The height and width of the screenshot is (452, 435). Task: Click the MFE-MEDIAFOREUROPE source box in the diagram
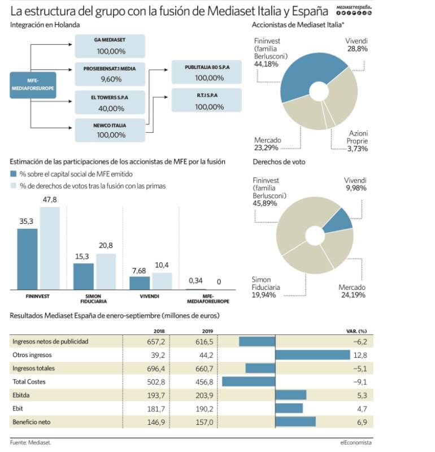(33, 85)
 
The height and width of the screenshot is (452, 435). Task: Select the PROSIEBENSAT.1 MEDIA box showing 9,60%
(110, 74)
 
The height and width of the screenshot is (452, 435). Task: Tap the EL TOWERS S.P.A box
(110, 102)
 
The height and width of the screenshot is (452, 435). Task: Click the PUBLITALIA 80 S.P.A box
(206, 72)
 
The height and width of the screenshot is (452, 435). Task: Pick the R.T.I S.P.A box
(206, 100)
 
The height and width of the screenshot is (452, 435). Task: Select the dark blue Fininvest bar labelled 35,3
(27, 259)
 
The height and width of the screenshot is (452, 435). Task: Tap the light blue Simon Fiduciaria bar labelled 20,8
(106, 272)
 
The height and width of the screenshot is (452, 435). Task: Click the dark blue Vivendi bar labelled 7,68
(140, 283)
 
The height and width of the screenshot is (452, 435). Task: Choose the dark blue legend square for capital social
(13, 174)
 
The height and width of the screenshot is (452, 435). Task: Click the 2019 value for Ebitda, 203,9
(205, 395)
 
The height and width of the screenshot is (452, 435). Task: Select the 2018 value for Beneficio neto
(156, 422)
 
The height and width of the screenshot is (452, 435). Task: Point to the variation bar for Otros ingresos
(313, 355)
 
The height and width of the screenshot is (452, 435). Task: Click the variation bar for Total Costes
(249, 382)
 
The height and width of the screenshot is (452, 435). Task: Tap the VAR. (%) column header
(356, 331)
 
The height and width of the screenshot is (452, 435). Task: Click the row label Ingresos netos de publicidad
(50, 342)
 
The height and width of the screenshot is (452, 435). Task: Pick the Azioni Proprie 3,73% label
(357, 141)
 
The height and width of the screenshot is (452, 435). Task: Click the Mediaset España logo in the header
(354, 10)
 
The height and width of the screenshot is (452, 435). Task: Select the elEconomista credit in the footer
(356, 442)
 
